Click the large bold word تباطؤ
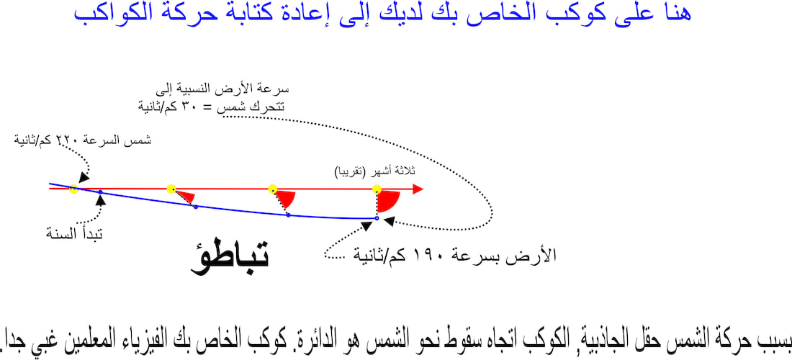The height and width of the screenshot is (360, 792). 230,256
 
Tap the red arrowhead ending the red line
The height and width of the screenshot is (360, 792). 417,189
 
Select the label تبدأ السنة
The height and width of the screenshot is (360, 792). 74,234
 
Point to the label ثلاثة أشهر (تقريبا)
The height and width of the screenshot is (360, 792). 375,171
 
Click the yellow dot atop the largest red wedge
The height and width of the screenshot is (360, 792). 377,189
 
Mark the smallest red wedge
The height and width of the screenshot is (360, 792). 185,196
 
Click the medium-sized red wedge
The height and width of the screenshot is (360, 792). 286,199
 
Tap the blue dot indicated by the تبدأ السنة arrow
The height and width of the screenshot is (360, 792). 100,192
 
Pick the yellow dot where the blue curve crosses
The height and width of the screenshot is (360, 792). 73,189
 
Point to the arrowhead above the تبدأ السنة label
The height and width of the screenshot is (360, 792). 102,200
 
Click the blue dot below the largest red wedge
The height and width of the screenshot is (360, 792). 377,218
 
